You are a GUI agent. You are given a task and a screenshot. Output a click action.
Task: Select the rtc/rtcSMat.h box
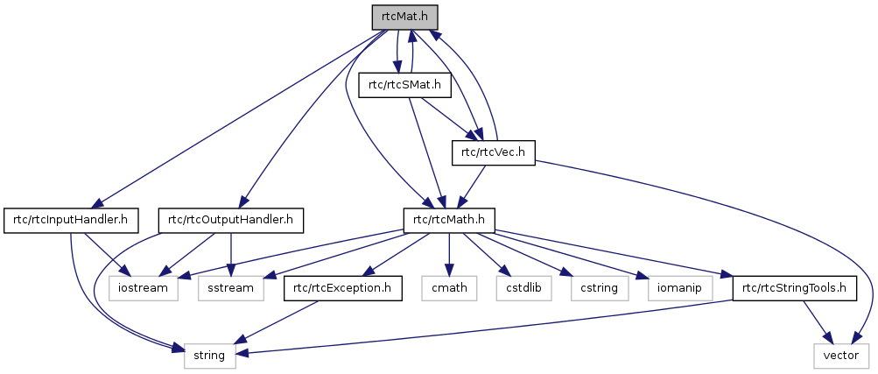click(x=405, y=85)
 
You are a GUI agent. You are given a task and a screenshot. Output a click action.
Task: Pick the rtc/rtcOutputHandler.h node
click(x=230, y=220)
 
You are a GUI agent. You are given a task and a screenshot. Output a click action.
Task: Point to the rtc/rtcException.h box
click(x=342, y=287)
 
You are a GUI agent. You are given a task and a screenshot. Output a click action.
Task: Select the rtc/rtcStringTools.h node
click(x=794, y=287)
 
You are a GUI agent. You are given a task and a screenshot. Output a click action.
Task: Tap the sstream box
click(x=231, y=287)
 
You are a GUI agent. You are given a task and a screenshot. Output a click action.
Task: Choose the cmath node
click(x=449, y=287)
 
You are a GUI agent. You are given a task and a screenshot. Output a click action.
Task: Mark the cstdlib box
click(x=516, y=287)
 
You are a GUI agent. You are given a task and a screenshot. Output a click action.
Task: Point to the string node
click(x=210, y=355)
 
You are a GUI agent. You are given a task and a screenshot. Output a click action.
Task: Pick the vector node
click(x=841, y=355)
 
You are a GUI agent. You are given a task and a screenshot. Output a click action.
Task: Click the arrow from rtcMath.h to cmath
click(x=449, y=253)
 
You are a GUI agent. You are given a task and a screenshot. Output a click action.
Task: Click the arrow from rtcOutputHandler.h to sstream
click(x=231, y=253)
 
